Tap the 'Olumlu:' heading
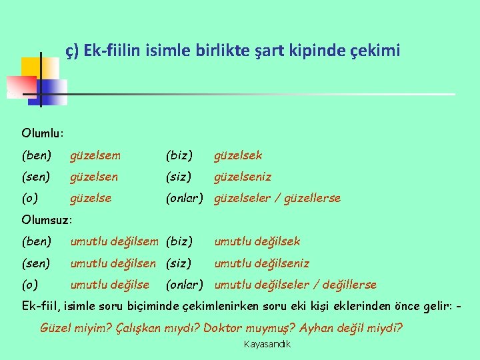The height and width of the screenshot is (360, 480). [x=42, y=133]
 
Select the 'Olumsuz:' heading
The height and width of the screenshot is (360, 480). [x=47, y=219]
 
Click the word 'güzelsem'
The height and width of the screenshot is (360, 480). [x=95, y=155]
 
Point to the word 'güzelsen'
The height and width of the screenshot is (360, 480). [x=94, y=177]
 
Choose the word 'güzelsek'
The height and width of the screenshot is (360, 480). [x=238, y=155]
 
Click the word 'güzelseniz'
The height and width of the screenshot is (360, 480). [x=242, y=177]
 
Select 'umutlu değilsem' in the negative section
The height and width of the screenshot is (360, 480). [x=114, y=241]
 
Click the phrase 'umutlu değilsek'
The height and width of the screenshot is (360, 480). [x=257, y=241]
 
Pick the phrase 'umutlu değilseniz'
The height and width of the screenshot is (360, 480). [x=261, y=263]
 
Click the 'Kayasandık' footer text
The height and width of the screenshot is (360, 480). [x=267, y=345]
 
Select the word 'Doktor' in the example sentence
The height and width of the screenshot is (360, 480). [x=225, y=328]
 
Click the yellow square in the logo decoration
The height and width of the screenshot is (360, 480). [x=31, y=69]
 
